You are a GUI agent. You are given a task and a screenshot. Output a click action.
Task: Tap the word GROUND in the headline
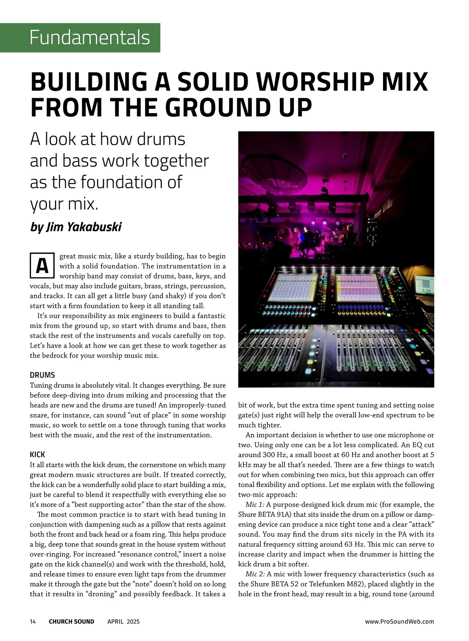pyautogui.click(x=215, y=107)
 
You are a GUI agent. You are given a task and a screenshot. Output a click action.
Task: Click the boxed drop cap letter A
pyautogui.click(x=42, y=266)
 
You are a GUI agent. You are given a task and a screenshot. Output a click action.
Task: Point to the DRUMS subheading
pyautogui.click(x=42, y=375)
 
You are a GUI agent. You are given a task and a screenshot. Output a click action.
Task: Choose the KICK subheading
pyautogui.click(x=38, y=454)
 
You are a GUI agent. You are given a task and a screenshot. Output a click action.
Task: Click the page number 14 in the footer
pyautogui.click(x=33, y=621)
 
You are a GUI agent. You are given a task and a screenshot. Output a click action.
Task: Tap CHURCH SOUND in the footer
pyautogui.click(x=72, y=621)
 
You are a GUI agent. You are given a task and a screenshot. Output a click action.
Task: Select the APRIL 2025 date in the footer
pyautogui.click(x=124, y=621)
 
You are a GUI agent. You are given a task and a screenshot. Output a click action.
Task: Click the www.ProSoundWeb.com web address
pyautogui.click(x=399, y=621)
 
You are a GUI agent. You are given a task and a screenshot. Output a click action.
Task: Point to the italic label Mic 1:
pyautogui.click(x=255, y=504)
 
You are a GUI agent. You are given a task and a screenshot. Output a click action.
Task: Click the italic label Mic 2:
pyautogui.click(x=255, y=574)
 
